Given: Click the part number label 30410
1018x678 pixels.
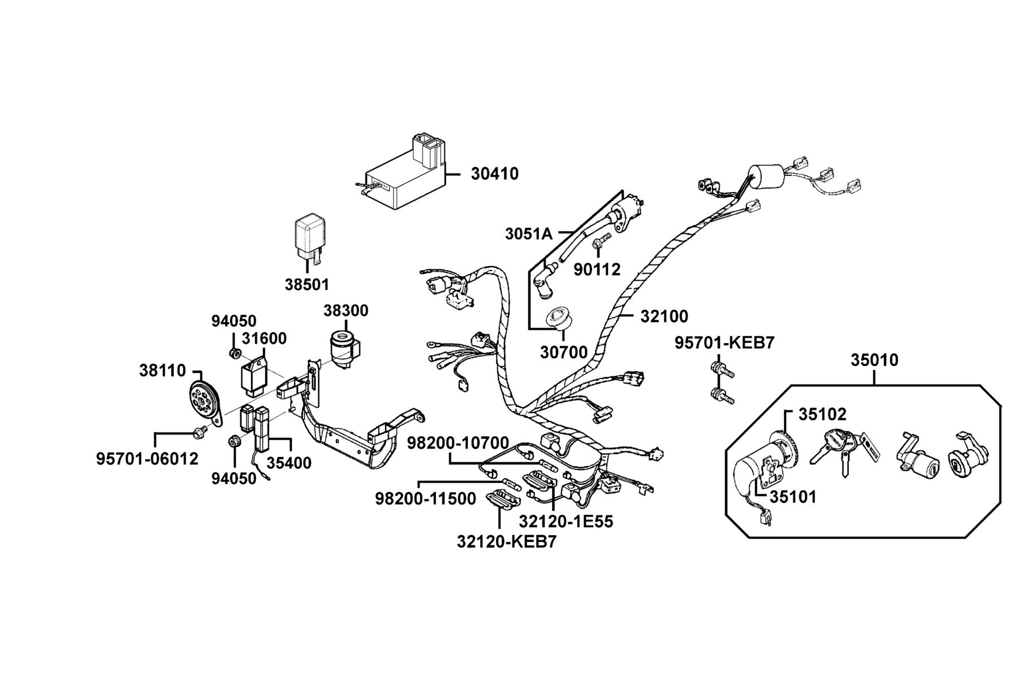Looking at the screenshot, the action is pos(494,174).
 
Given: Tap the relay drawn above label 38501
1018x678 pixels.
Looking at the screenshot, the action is pos(309,239).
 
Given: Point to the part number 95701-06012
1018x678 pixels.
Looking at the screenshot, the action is pos(148,459).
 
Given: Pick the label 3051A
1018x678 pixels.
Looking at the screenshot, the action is pos(529,234).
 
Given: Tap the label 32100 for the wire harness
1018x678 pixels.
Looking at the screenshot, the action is pos(664,316).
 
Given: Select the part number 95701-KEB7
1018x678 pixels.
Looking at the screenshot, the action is pos(724,343).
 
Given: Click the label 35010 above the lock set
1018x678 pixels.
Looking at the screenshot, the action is pos(874,360).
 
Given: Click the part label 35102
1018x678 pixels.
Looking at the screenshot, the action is pos(822,415).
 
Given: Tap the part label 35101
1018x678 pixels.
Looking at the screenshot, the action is pos(793,497).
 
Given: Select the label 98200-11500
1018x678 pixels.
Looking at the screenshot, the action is pos(426,499).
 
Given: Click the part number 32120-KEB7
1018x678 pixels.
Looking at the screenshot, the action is pos(507,542).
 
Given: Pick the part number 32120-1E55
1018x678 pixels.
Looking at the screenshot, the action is pos(566,521).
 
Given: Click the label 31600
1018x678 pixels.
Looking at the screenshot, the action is pos(264,338).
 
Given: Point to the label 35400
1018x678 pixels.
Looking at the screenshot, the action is pos(289,463).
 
